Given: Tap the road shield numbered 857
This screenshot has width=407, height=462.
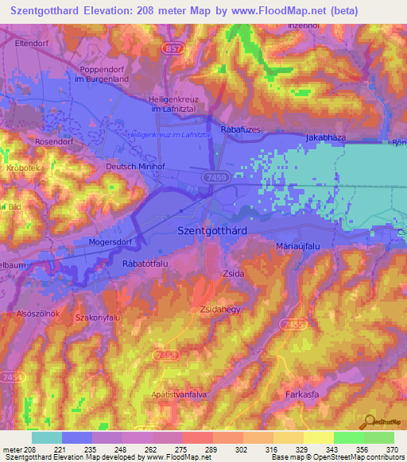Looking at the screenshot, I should click(172, 48).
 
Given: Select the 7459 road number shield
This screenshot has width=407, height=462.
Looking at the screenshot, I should click(212, 177).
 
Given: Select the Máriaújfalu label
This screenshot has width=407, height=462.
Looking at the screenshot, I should click(297, 247).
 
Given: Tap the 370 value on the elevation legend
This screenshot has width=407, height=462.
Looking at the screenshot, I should click(391, 449).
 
